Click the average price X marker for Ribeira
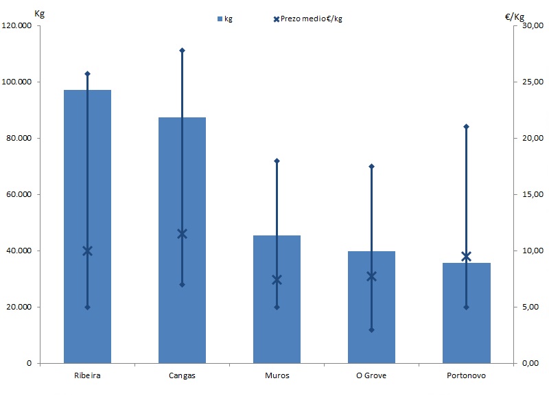[x=87, y=251]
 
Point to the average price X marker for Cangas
[x=182, y=233]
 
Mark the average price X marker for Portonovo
[x=466, y=256]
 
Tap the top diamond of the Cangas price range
[x=182, y=50]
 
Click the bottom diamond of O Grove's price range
[x=371, y=329]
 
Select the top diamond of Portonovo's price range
[x=466, y=126]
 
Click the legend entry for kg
[x=224, y=19]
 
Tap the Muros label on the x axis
[x=277, y=375]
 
